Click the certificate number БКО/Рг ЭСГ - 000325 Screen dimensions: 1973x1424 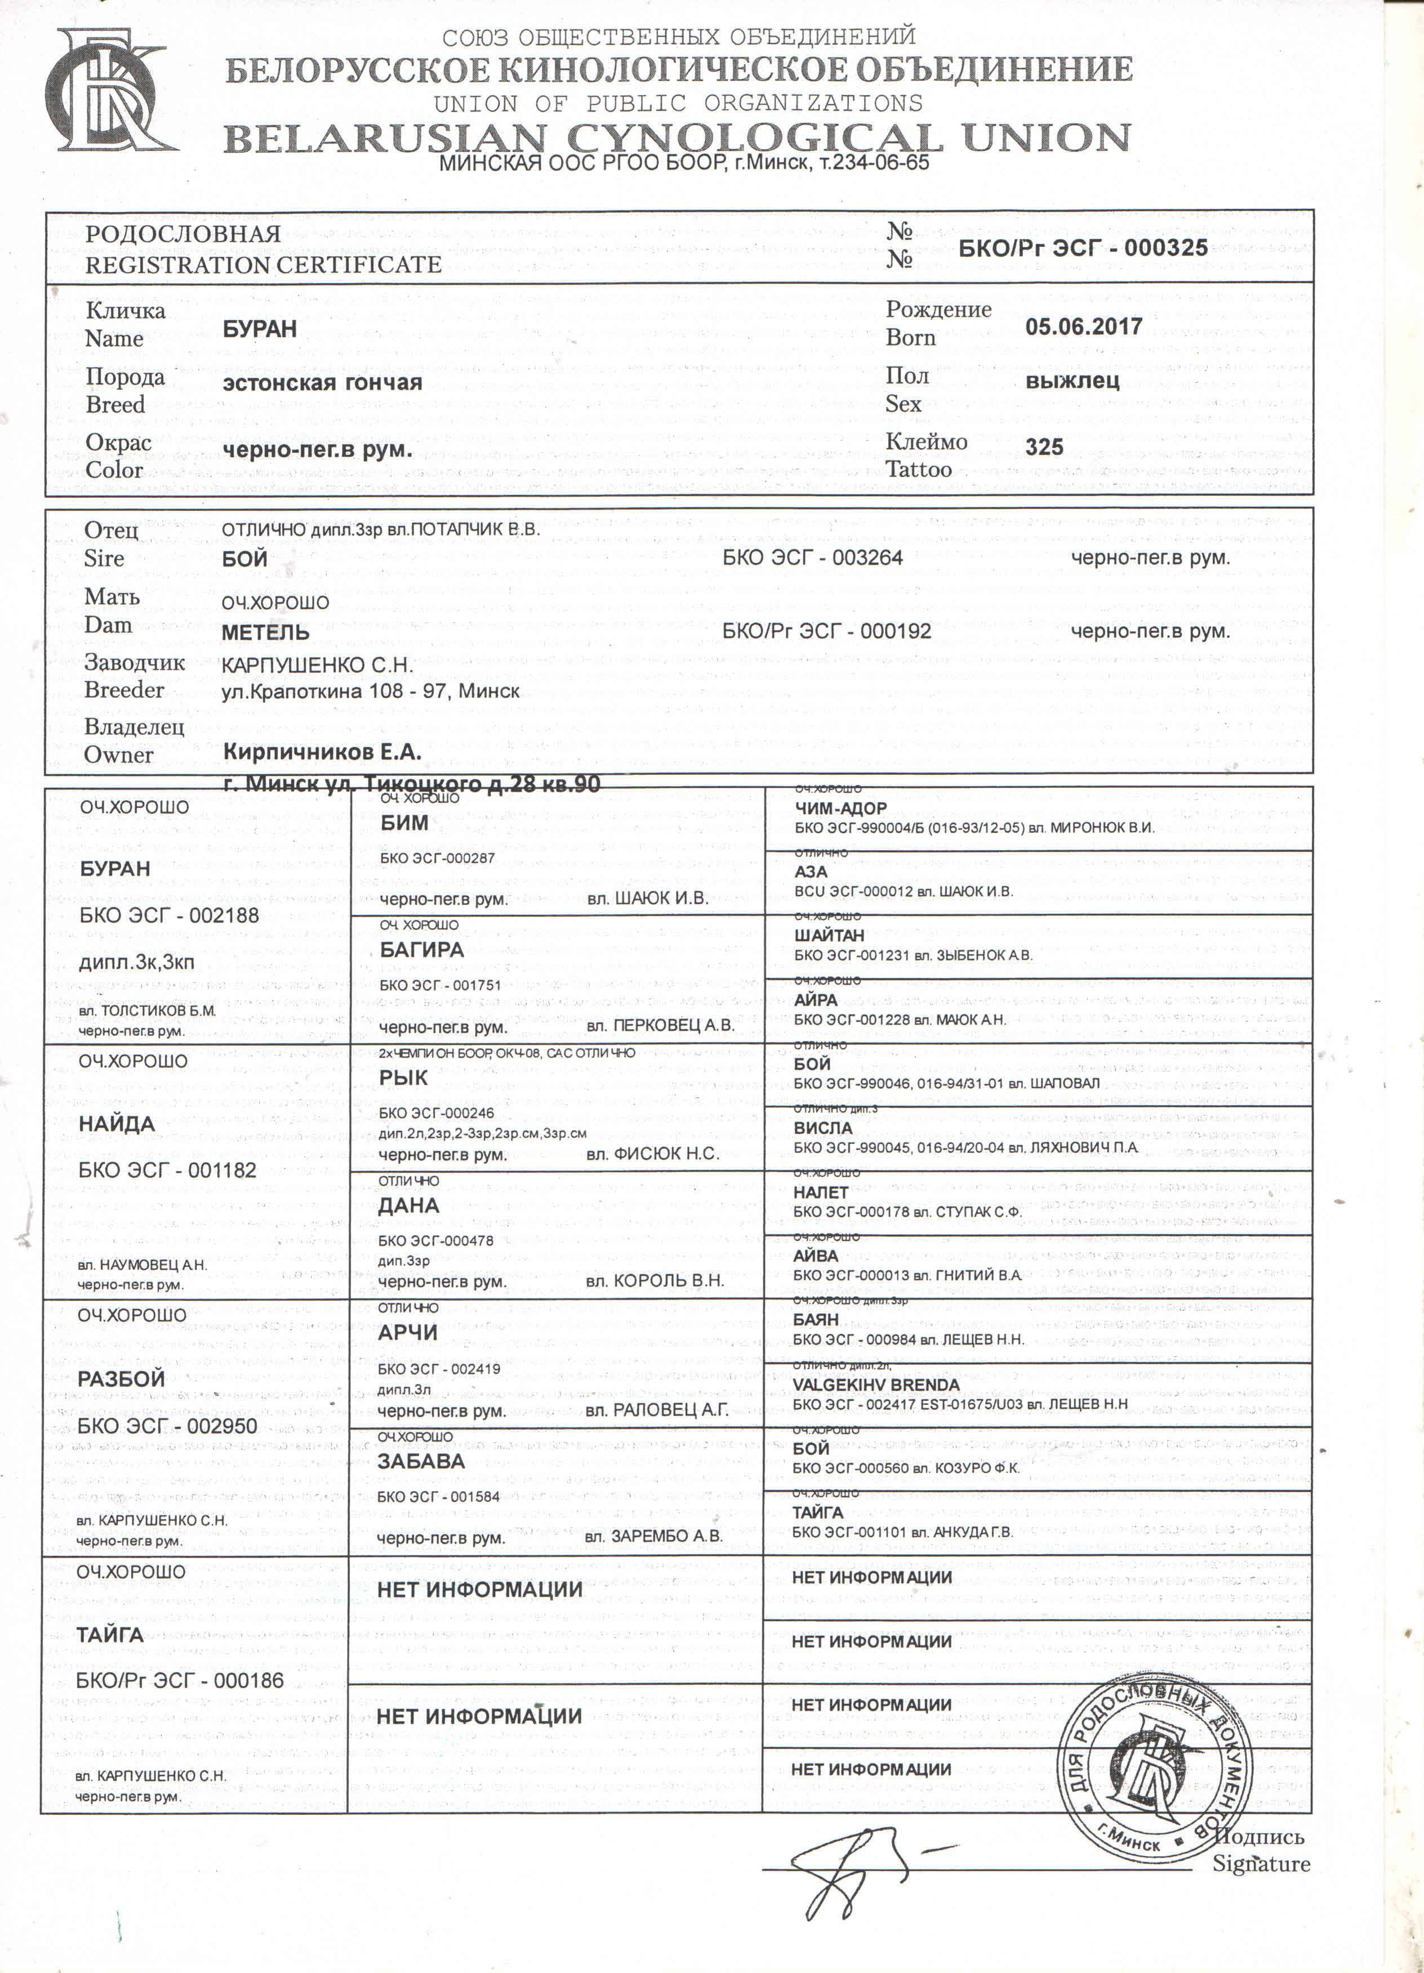(1082, 248)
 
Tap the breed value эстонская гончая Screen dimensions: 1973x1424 (322, 383)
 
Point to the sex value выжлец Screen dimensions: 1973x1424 (1071, 381)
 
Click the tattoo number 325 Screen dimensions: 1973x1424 (1044, 447)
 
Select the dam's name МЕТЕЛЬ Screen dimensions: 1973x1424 (265, 632)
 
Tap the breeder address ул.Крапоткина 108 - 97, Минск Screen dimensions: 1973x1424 (370, 691)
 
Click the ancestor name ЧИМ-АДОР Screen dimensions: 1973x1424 (840, 808)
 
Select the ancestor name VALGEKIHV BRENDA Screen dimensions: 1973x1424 (876, 1384)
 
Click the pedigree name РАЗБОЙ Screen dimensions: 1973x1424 (121, 1379)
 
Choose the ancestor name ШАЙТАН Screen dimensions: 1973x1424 (829, 936)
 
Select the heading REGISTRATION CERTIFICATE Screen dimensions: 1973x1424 (263, 265)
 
